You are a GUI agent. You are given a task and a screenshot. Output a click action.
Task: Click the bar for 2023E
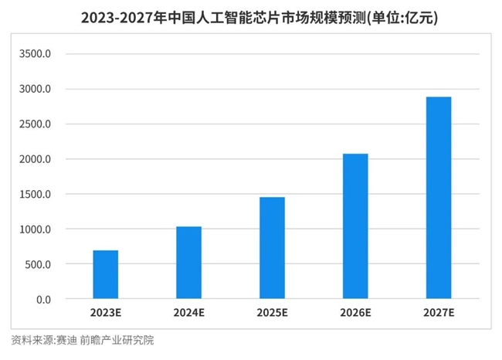106,274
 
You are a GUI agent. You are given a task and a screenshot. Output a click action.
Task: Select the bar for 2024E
189,263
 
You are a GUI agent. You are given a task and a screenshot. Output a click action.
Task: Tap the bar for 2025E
272,248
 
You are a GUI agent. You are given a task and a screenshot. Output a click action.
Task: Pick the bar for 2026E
355,226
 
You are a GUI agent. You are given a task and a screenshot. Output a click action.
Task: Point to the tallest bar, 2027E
439,198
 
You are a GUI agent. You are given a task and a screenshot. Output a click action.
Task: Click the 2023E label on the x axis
106,313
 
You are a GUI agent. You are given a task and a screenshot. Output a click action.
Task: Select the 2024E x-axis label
189,313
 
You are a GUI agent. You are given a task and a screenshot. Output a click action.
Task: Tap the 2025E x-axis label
272,313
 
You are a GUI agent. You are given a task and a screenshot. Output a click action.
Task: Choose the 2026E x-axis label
355,313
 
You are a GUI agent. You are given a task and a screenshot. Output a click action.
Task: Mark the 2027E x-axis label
439,313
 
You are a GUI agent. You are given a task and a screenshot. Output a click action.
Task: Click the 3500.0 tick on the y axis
35,54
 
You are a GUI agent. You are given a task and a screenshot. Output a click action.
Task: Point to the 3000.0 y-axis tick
35,89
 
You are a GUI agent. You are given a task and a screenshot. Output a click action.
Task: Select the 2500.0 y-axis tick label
35,124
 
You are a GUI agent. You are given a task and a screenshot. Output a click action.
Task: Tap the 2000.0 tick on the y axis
35,159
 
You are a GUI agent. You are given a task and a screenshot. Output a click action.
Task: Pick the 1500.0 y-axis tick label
35,195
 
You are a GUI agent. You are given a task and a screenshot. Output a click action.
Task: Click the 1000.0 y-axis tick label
35,229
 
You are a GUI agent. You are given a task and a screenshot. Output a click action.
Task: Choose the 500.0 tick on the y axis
38,264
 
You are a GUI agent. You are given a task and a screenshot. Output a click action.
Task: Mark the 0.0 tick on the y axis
43,300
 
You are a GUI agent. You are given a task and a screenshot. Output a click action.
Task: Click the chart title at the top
259,18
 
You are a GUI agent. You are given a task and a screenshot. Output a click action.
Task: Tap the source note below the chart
83,340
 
